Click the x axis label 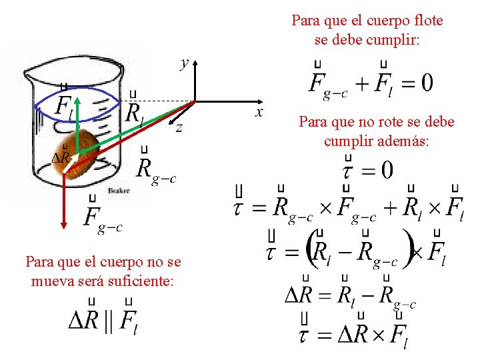coord(260,112)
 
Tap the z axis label coord(179,129)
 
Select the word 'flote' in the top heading coord(426,21)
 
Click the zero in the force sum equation coord(425,83)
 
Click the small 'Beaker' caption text coord(118,191)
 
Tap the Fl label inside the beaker coord(64,106)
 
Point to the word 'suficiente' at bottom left coord(141,281)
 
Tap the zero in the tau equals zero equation coord(385,170)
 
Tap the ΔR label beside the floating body coord(62,157)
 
